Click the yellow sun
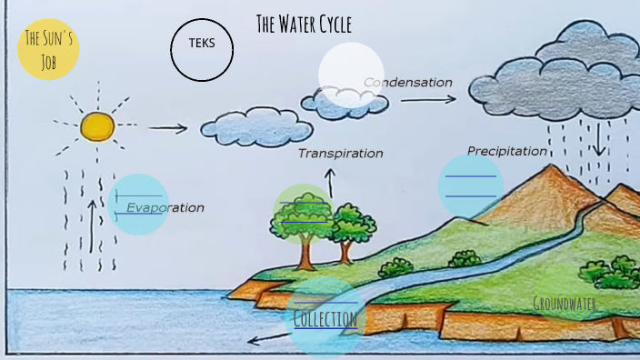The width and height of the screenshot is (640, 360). tap(95, 126)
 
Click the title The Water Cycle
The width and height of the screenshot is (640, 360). tap(304, 25)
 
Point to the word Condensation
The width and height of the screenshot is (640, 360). tap(408, 83)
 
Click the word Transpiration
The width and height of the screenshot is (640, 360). tap(340, 154)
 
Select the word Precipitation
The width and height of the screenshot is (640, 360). tap(507, 151)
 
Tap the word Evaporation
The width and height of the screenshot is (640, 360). tap(165, 207)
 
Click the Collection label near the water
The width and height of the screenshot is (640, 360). tap(325, 319)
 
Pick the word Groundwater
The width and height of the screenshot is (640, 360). tap(565, 304)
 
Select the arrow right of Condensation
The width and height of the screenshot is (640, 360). tap(428, 99)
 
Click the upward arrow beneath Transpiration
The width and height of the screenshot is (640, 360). tap(330, 184)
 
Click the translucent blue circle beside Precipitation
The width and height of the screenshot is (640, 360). tap(470, 185)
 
